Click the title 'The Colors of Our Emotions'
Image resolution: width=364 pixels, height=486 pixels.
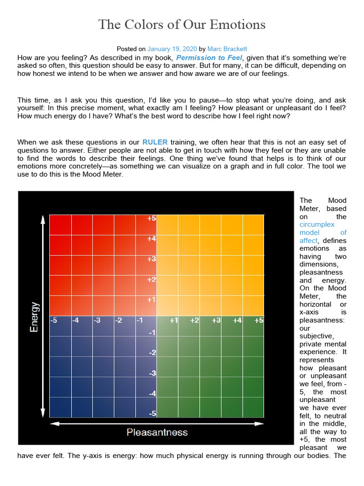tap(182, 24)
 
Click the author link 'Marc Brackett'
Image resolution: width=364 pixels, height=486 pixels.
tap(227, 49)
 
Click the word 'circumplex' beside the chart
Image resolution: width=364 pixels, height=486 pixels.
tap(317, 224)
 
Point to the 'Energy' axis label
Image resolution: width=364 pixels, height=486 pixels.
tap(34, 317)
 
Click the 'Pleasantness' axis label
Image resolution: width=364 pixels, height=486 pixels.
tap(157, 432)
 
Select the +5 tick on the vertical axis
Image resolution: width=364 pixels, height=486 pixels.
tap(152, 219)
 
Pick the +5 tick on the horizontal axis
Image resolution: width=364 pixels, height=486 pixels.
tap(258, 321)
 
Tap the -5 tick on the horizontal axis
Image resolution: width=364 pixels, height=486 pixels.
tap(54, 321)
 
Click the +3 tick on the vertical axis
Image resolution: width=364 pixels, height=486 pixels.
tap(152, 259)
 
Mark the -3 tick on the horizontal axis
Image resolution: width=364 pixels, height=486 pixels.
tap(97, 321)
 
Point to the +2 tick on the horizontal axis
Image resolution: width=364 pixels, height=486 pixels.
tap(194, 321)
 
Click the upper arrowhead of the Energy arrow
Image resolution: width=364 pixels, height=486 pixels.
tap(43, 219)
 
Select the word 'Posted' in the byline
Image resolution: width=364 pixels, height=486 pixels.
tap(126, 49)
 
